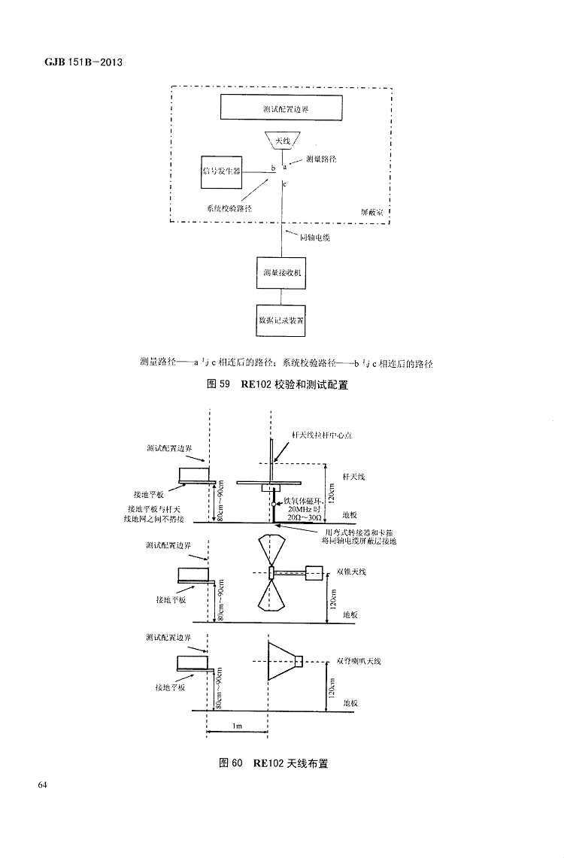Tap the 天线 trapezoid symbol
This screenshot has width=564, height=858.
click(282, 141)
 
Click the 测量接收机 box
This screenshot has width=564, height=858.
click(282, 271)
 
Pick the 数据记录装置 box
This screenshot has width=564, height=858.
click(282, 320)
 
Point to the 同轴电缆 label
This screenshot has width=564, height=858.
click(314, 238)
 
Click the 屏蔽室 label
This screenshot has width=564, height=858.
click(371, 213)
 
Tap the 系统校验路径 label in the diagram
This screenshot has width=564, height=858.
click(229, 207)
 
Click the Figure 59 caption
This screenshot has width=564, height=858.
click(282, 385)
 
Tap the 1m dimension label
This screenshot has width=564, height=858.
click(237, 726)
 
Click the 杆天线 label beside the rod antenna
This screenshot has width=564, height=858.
click(353, 477)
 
